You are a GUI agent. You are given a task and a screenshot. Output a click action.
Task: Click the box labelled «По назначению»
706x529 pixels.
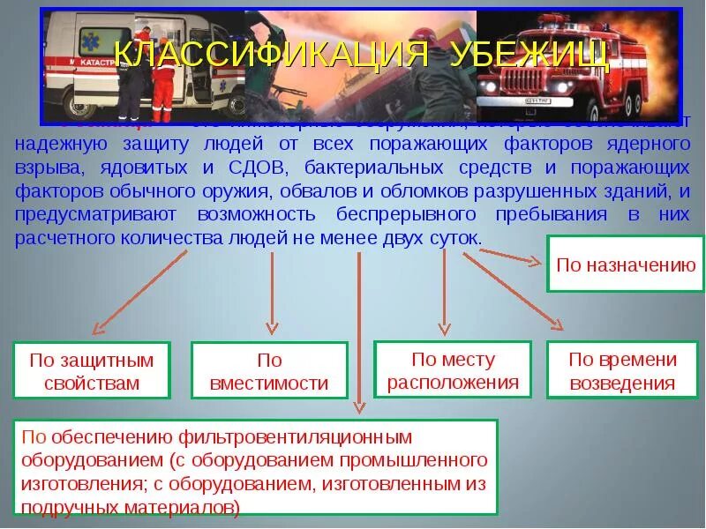point(627,264)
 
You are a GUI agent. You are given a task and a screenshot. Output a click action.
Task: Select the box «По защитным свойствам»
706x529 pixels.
point(91,371)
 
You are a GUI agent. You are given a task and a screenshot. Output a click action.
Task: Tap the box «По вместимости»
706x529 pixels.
point(269,371)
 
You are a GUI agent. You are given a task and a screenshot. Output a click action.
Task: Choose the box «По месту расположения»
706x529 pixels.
point(453,370)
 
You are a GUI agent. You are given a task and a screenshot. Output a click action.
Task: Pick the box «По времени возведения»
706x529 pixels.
point(622,371)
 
